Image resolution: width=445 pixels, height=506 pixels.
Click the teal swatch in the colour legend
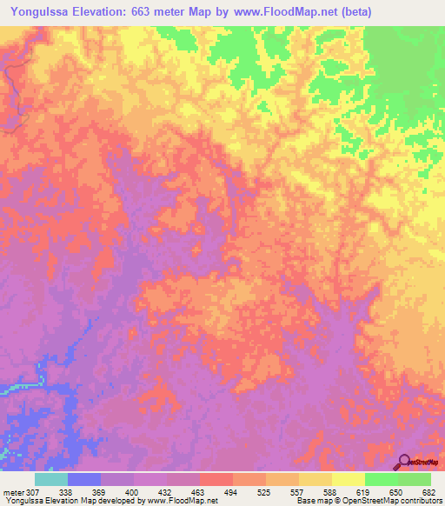pos(51,479)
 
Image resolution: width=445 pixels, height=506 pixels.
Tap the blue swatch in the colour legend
pos(84,479)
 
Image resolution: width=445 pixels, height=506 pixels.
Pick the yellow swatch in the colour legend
pos(348,479)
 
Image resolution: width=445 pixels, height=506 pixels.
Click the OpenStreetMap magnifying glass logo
pos(404,461)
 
